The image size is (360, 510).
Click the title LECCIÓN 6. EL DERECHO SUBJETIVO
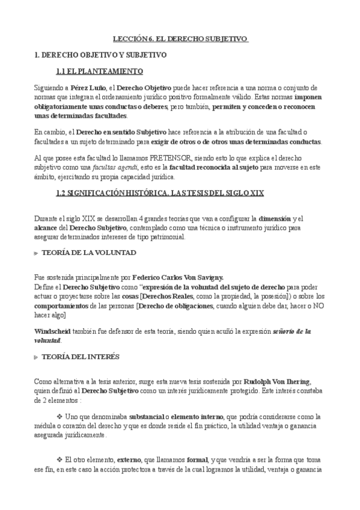[180, 38]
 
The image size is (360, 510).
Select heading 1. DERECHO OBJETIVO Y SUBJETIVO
[100, 55]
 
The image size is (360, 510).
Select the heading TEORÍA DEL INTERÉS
[80, 357]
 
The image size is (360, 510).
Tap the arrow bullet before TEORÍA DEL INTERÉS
[36, 357]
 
